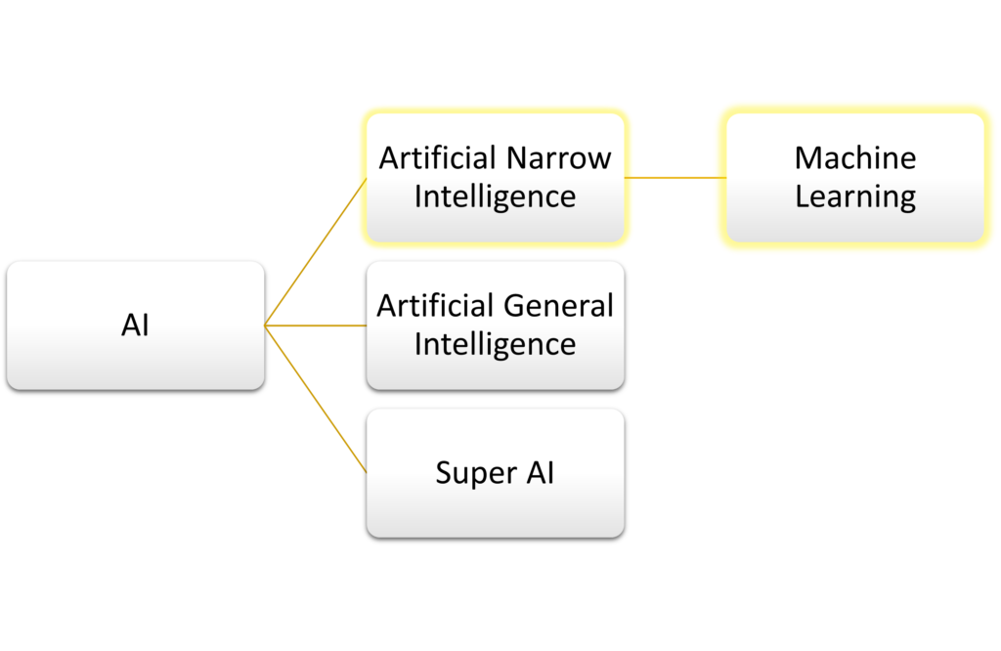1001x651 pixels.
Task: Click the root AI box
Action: click(135, 325)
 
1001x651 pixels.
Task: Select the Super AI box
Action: click(495, 473)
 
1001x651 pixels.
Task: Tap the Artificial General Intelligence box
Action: click(495, 325)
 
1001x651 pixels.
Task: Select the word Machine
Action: click(854, 158)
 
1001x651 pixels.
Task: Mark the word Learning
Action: click(854, 196)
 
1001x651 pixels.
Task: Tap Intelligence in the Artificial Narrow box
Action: click(495, 196)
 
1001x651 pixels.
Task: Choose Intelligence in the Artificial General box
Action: click(495, 344)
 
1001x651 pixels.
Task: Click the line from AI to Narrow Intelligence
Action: click(315, 252)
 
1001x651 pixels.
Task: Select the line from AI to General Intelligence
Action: click(315, 325)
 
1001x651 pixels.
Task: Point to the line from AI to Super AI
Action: click(315, 398)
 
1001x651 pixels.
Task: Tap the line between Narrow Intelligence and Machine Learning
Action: click(675, 178)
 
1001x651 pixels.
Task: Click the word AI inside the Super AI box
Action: click(537, 474)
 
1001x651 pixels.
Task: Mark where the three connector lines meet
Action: click(266, 325)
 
